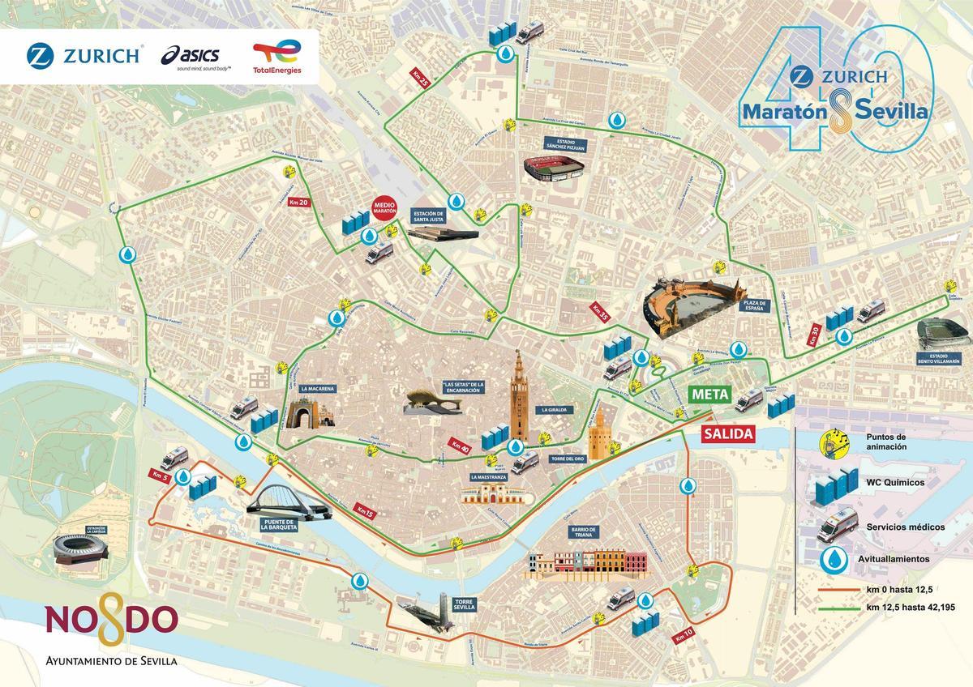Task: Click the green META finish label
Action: click(710, 395)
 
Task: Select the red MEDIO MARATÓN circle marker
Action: click(384, 209)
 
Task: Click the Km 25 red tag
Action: click(419, 79)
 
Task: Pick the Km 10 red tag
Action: click(684, 636)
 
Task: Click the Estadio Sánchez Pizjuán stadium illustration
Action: click(555, 169)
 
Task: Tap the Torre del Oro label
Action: click(568, 459)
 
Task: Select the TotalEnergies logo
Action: click(276, 58)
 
